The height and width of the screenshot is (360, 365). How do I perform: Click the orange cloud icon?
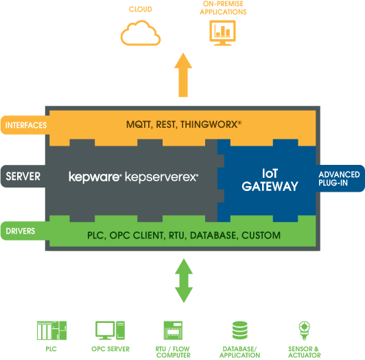pyautogui.click(x=141, y=32)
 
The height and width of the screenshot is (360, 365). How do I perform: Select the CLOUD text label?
pyautogui.click(x=141, y=10)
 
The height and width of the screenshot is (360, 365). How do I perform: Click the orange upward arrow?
pyautogui.click(x=183, y=76)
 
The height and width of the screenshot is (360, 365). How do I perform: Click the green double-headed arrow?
pyautogui.click(x=183, y=280)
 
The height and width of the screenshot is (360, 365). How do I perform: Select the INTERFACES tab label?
pyautogui.click(x=25, y=125)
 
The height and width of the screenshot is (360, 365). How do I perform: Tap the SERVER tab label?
pyautogui.click(x=23, y=177)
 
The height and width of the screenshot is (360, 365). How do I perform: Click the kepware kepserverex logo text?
pyautogui.click(x=134, y=177)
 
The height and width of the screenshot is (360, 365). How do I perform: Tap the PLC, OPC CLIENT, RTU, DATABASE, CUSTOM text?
pyautogui.click(x=183, y=235)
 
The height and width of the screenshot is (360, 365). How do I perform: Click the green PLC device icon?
pyautogui.click(x=51, y=331)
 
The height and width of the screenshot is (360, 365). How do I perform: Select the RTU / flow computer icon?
pyautogui.click(x=172, y=331)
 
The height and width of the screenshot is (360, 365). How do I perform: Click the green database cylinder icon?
pyautogui.click(x=239, y=331)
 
